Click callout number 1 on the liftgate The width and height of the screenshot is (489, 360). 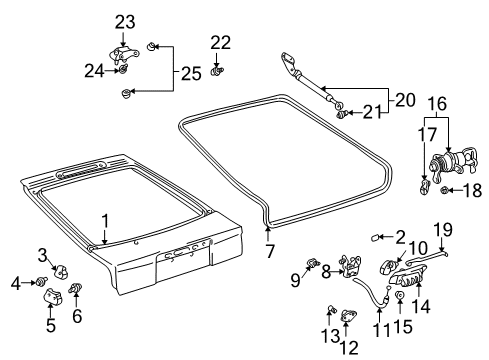[x=103, y=220]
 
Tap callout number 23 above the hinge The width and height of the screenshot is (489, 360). [x=124, y=22]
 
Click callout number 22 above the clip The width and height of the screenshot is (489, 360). [x=220, y=41]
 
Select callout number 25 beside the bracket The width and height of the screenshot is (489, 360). [x=188, y=71]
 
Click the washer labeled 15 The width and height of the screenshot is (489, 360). [x=399, y=297]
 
